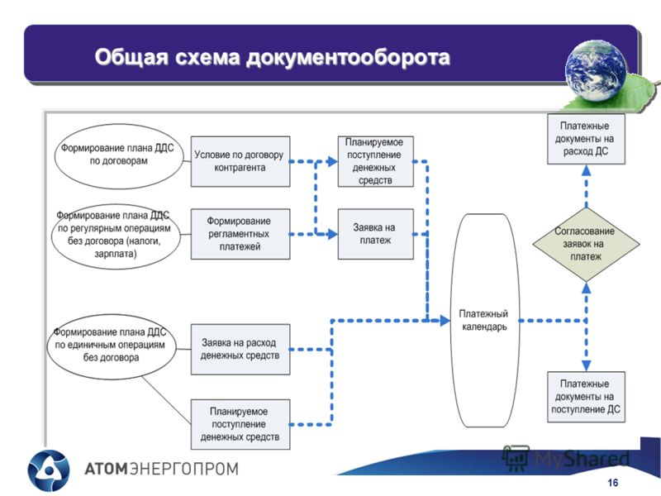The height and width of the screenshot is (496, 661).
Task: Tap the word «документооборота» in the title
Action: click(348, 58)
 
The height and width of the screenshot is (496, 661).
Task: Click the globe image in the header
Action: click(596, 71)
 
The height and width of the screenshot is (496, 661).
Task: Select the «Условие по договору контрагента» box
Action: click(240, 161)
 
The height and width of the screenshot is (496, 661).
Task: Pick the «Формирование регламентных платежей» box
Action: click(240, 234)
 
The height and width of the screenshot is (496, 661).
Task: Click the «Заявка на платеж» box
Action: click(376, 234)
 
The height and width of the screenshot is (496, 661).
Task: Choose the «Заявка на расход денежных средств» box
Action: click(240, 349)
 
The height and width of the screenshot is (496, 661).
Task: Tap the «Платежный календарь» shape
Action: click(484, 321)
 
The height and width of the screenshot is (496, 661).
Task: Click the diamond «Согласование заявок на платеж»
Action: click(586, 244)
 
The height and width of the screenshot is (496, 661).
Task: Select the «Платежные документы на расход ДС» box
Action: click(586, 139)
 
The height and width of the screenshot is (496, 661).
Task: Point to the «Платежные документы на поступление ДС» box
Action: click(586, 397)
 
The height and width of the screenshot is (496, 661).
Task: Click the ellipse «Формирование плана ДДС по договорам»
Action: click(119, 156)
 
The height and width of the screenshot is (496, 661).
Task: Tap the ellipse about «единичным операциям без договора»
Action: click(112, 346)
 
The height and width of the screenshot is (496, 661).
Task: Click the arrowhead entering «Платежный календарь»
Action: click(445, 321)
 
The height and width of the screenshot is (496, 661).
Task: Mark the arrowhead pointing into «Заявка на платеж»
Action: click(333, 234)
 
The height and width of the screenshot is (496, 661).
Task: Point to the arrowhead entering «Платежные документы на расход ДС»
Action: click(586, 170)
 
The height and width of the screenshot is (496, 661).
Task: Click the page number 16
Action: click(612, 483)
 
